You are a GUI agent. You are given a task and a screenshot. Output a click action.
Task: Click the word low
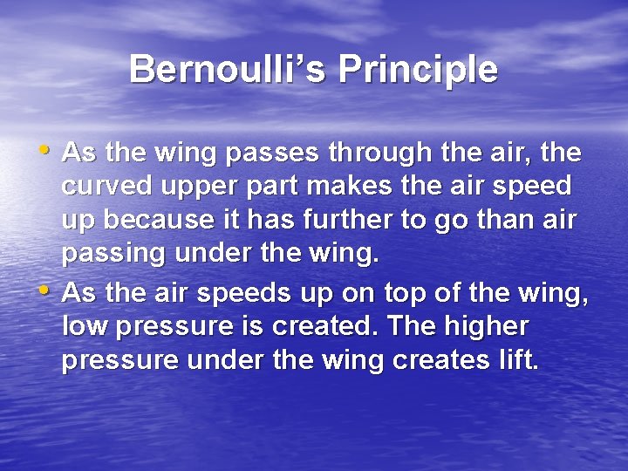(83, 326)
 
